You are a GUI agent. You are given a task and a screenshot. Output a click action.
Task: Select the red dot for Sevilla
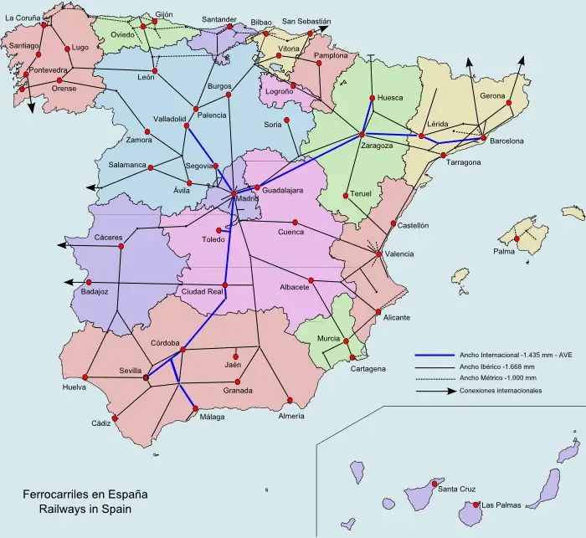pyautogui.click(x=146, y=377)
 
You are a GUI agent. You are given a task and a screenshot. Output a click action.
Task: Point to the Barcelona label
pyautogui.click(x=506, y=141)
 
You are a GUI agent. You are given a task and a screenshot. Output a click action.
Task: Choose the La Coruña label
pyautogui.click(x=23, y=17)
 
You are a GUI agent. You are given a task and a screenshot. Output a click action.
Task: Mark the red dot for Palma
pyautogui.click(x=517, y=239)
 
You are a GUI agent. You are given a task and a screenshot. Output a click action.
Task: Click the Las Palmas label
pyautogui.click(x=501, y=505)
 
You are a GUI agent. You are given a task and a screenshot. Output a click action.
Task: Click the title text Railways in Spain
pyautogui.click(x=83, y=508)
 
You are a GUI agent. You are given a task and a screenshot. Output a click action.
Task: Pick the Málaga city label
pyautogui.click(x=210, y=418)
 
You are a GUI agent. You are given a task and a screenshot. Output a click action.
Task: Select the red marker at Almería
pyautogui.click(x=290, y=398)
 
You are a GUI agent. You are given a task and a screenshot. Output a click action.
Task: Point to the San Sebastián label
pyautogui.click(x=306, y=22)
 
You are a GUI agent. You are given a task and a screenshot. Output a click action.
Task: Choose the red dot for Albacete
pyautogui.click(x=311, y=279)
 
